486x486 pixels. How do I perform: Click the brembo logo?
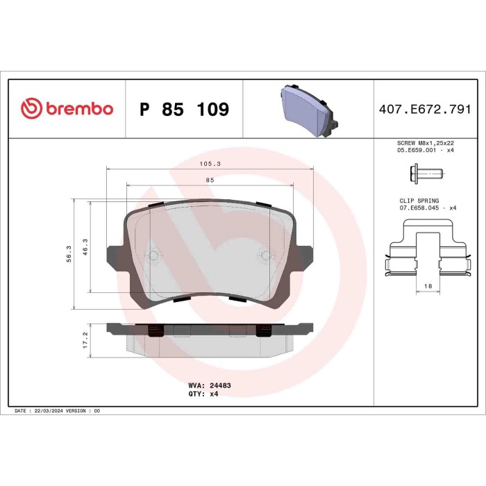tap(67, 109)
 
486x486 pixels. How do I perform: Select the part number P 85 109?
tap(184, 110)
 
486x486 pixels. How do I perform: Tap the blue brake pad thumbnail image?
tap(308, 109)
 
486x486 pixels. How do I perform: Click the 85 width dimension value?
tap(210, 180)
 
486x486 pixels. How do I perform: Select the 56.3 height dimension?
tap(69, 253)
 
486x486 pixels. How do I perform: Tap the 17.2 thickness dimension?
tap(85, 339)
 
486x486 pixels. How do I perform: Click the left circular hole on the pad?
tap(152, 254)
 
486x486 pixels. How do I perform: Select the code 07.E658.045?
tap(418, 208)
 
